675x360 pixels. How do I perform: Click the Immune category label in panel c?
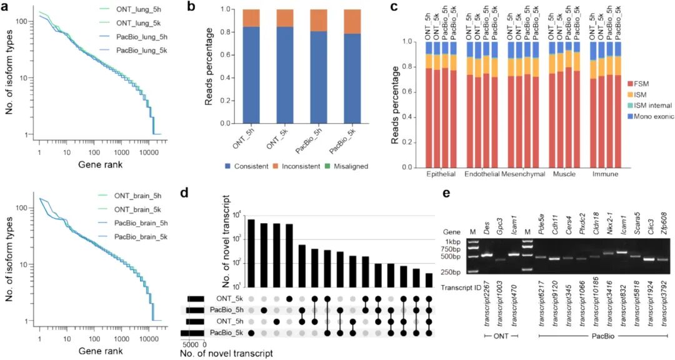point(605,173)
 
